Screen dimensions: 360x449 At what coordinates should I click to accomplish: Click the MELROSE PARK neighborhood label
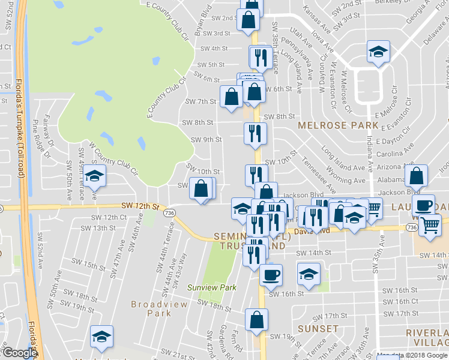coord(339,125)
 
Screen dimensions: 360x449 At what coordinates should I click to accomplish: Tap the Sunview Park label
coord(211,288)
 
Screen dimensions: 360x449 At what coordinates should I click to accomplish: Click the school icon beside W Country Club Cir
coord(94,176)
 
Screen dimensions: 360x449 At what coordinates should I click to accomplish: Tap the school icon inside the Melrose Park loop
coord(378,53)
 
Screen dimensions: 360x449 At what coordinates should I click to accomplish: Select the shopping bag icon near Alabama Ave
coord(415,176)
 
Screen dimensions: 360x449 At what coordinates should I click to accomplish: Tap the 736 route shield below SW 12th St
coord(169,213)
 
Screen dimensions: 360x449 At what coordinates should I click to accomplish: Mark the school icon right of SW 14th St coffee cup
coord(309,275)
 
